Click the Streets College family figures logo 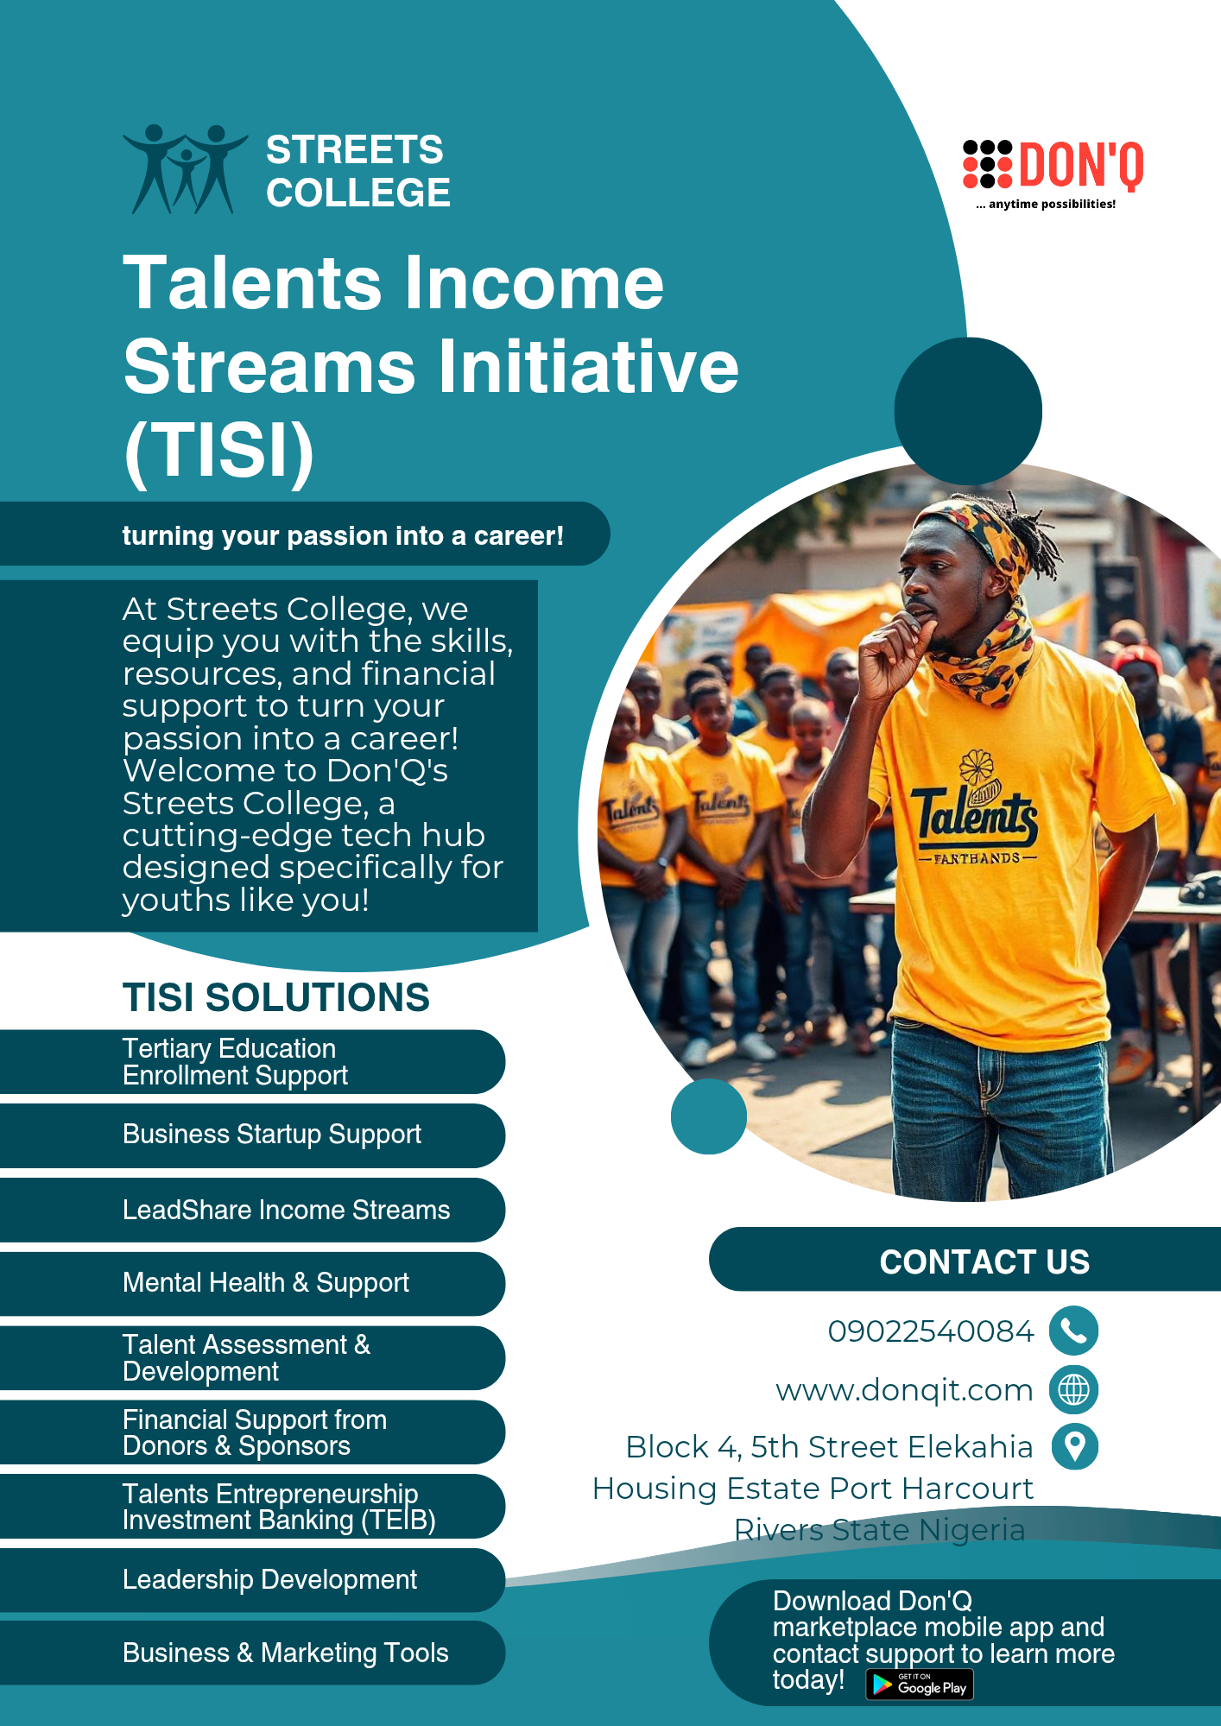pyautogui.click(x=185, y=169)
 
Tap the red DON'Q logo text pyautogui.click(x=1081, y=166)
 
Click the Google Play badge pyautogui.click(x=920, y=1685)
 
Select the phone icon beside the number pyautogui.click(x=1073, y=1331)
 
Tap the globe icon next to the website pyautogui.click(x=1073, y=1389)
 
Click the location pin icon pyautogui.click(x=1075, y=1446)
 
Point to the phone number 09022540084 pyautogui.click(x=930, y=1331)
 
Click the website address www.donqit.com pyautogui.click(x=904, y=1390)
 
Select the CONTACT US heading pyautogui.click(x=984, y=1261)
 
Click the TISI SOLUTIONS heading pyautogui.click(x=275, y=997)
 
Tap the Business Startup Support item pyautogui.click(x=272, y=1135)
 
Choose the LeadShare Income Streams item pyautogui.click(x=286, y=1210)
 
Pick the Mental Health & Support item pyautogui.click(x=266, y=1283)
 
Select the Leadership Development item pyautogui.click(x=269, y=1580)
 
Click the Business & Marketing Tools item pyautogui.click(x=285, y=1653)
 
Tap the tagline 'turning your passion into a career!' pyautogui.click(x=343, y=536)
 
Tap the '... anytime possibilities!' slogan pyautogui.click(x=1046, y=205)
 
